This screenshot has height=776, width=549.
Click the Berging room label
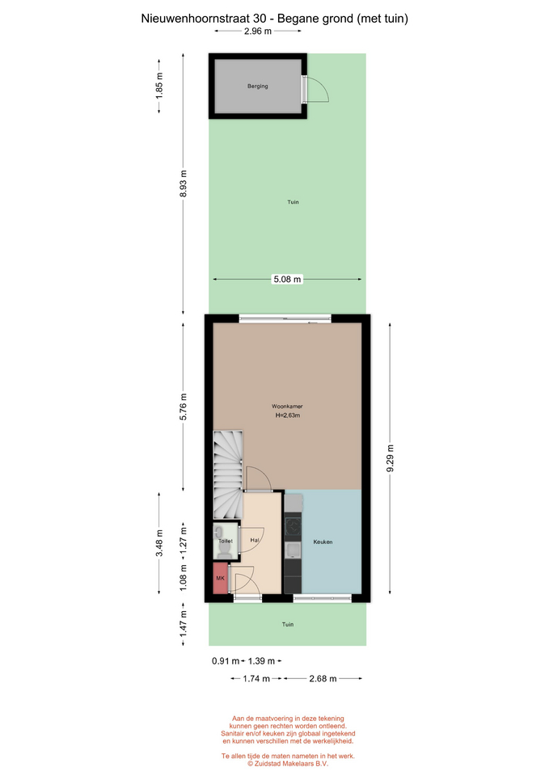click(x=257, y=86)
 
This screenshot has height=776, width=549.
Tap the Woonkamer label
click(x=287, y=407)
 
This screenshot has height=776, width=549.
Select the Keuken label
click(x=323, y=542)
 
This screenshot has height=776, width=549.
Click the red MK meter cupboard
click(x=220, y=578)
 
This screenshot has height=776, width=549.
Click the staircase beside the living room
click(x=228, y=474)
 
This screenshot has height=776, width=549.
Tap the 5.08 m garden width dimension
click(x=287, y=279)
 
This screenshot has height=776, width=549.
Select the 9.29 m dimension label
click(x=390, y=458)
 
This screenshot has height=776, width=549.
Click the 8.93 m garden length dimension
click(x=184, y=183)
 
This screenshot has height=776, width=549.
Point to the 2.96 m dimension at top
click(x=258, y=32)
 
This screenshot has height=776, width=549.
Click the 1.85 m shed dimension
click(x=159, y=86)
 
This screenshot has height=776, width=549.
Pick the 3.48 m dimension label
click(x=159, y=543)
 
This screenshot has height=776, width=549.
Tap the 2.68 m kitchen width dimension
click(x=323, y=678)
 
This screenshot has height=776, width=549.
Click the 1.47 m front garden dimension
click(x=184, y=623)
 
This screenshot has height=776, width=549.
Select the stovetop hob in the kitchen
click(x=293, y=526)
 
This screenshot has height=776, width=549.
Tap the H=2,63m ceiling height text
click(x=288, y=415)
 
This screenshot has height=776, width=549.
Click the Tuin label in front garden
click(x=288, y=625)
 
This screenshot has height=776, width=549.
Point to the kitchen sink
click(x=293, y=550)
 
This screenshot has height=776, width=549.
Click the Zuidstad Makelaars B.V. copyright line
click(x=288, y=764)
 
